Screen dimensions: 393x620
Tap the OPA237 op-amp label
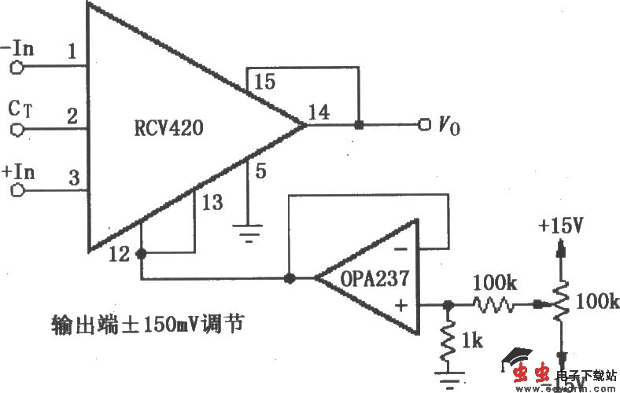[x=371, y=278]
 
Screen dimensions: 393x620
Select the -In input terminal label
[x=18, y=48]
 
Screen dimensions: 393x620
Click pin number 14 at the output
[x=319, y=111]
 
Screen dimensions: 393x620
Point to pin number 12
[x=120, y=253]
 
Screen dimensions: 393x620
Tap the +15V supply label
[x=560, y=226]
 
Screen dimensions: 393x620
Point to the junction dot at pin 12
[x=142, y=254]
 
